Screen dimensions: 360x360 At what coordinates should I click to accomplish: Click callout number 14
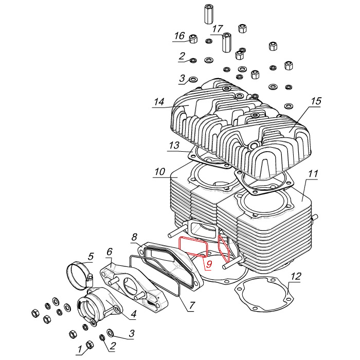tap(158, 102)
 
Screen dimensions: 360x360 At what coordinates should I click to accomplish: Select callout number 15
tap(316, 101)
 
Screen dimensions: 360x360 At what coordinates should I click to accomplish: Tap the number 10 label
tap(159, 171)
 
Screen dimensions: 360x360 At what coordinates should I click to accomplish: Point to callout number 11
tap(313, 174)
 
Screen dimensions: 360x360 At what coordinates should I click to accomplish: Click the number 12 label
tap(295, 277)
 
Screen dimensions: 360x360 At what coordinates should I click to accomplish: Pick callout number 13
tap(174, 146)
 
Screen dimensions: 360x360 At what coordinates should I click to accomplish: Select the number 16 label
tap(179, 35)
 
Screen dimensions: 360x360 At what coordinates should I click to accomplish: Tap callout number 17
tap(217, 28)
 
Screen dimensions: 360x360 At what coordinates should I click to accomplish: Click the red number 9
tap(209, 264)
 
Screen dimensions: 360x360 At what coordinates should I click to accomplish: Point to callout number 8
tap(134, 237)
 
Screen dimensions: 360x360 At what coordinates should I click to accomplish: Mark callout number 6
tap(109, 251)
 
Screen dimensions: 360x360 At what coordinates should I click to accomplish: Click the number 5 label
tap(91, 256)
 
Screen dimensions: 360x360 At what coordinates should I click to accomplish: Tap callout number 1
tap(80, 350)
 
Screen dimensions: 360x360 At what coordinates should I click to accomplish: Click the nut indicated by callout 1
tap(89, 344)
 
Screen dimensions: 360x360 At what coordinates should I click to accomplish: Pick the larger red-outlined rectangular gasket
tap(192, 247)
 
